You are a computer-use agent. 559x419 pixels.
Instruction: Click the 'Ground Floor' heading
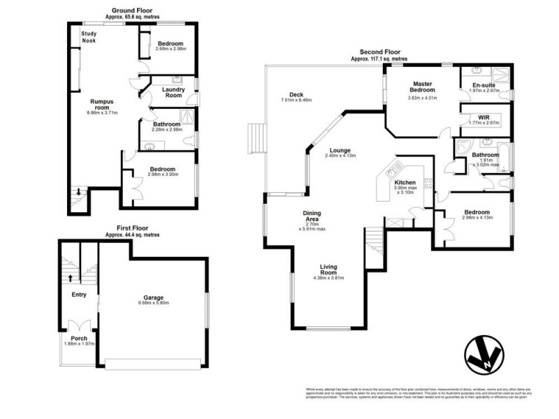point(132,11)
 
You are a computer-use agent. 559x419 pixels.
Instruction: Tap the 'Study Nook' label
point(88,37)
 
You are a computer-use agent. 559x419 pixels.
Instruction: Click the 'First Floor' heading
point(132,228)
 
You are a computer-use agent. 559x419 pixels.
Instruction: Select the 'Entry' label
point(79,295)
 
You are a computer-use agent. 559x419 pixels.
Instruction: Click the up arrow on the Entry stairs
point(70,277)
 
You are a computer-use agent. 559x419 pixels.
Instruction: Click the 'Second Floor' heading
point(380,52)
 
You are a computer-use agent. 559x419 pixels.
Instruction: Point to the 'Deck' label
point(296,95)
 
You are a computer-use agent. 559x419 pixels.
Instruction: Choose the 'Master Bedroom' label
point(422,87)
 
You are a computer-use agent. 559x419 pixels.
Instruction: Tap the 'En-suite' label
point(484,84)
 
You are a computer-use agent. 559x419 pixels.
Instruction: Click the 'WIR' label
point(484,117)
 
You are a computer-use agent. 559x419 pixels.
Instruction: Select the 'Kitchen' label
point(406,182)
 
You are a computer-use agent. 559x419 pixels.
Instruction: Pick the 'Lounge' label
point(340,149)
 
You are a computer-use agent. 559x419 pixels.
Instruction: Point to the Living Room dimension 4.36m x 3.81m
point(329,279)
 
